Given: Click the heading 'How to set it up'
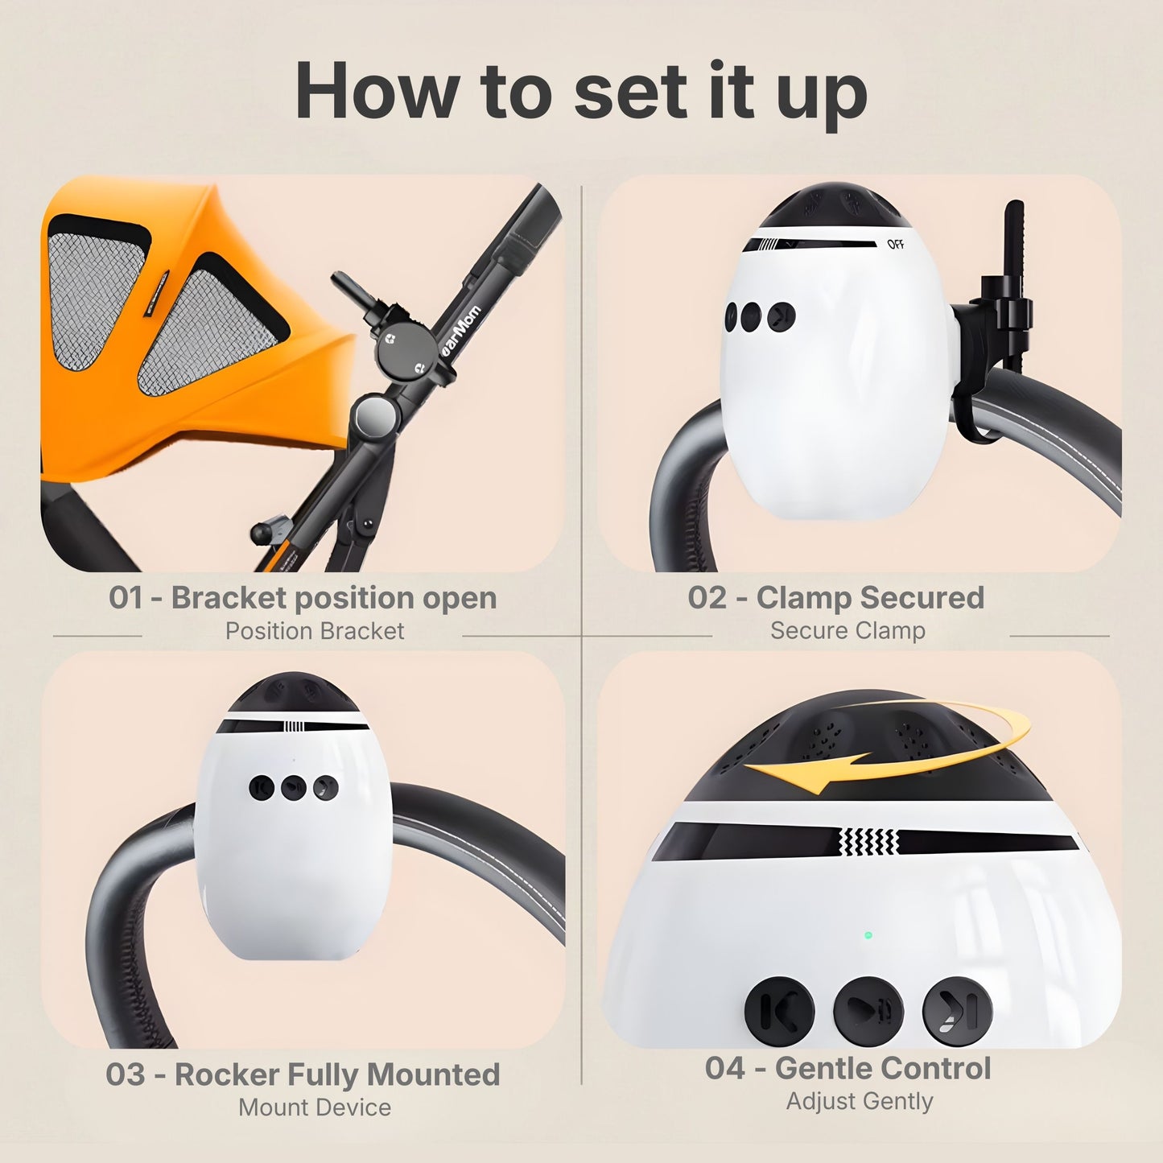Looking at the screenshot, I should click(581, 91).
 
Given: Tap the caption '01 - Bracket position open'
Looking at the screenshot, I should click(303, 598).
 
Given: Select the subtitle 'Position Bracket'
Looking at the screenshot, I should click(314, 631).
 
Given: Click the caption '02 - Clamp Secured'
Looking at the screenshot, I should click(835, 598).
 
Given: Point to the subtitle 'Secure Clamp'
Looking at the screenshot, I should click(848, 631).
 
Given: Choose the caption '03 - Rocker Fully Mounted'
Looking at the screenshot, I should click(303, 1074).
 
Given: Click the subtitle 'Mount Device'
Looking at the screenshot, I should click(314, 1107).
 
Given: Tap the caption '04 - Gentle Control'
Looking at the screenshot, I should click(848, 1068).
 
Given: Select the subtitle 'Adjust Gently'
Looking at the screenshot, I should click(859, 1101).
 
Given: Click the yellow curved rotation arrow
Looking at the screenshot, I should click(885, 744).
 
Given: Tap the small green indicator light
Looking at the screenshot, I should click(868, 935).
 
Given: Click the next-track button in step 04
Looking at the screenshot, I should click(957, 1010).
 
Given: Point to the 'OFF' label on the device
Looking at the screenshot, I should click(895, 245).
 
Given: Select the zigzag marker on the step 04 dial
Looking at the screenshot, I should click(868, 843).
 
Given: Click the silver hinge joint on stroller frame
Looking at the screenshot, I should click(375, 417).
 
